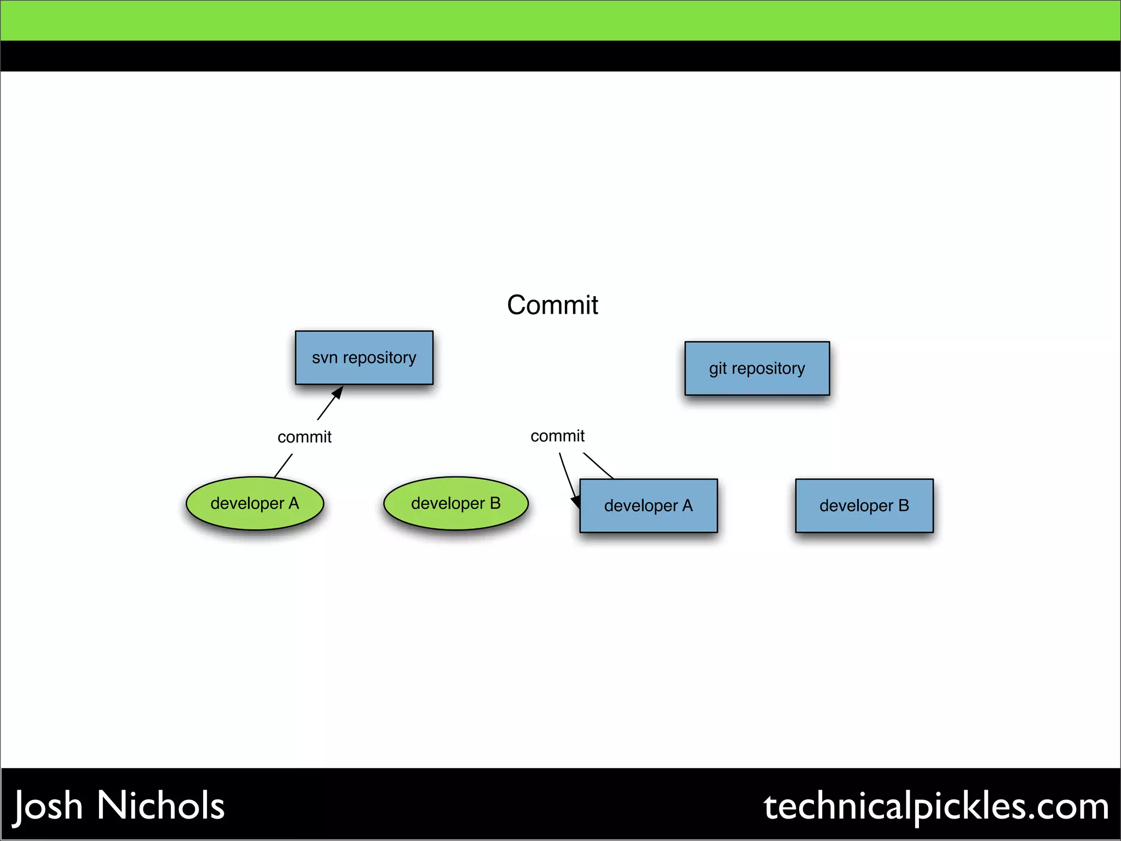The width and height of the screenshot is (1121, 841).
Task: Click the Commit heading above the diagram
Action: [552, 305]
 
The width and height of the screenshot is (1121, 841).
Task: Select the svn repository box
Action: [364, 358]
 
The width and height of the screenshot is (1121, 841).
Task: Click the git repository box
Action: [757, 368]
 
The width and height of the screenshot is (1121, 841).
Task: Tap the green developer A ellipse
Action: [255, 503]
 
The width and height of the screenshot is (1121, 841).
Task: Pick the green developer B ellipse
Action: [455, 503]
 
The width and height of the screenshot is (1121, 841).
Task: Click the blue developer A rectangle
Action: [649, 505]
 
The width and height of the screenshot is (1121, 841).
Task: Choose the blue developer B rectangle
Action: [864, 505]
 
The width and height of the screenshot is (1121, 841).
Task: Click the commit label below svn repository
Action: [304, 437]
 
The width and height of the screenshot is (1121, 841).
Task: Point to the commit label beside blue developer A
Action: [557, 436]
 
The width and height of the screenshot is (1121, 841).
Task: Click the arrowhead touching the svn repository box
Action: [338, 393]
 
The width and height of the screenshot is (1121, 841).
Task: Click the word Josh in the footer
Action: [48, 807]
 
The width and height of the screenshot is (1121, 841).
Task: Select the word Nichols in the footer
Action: [160, 805]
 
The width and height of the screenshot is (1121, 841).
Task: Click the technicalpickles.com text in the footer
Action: [936, 807]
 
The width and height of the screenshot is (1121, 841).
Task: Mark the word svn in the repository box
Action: [325, 358]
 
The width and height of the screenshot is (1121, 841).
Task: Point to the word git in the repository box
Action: [718, 369]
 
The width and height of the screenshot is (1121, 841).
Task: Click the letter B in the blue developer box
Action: [903, 505]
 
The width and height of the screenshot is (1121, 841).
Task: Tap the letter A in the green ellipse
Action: [293, 503]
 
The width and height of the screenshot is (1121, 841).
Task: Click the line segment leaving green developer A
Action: [283, 465]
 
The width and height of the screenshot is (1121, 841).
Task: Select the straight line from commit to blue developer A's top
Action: [598, 465]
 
